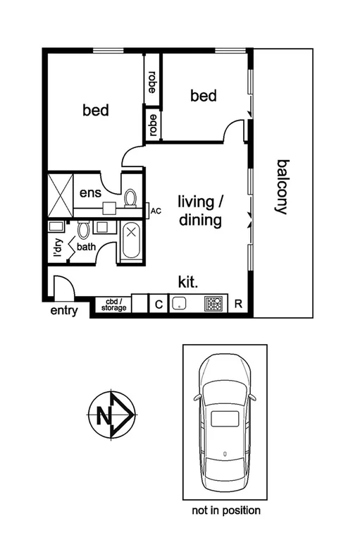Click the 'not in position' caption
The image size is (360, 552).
[225, 510]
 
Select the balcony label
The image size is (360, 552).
[283, 186]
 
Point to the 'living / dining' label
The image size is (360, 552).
[200, 211]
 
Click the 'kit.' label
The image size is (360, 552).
[188, 282]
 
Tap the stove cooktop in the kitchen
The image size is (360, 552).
[213, 304]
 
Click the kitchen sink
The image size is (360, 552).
[180, 304]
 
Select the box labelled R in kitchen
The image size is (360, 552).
[238, 304]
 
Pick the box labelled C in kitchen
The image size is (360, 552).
[159, 304]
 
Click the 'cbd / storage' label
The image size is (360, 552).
[113, 305]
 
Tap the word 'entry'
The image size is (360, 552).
[63, 311]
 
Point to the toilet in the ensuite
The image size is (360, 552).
[130, 197]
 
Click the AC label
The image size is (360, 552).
[156, 210]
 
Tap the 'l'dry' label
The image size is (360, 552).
[58, 249]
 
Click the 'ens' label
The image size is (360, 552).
[89, 192]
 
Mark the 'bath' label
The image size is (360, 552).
[86, 247]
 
